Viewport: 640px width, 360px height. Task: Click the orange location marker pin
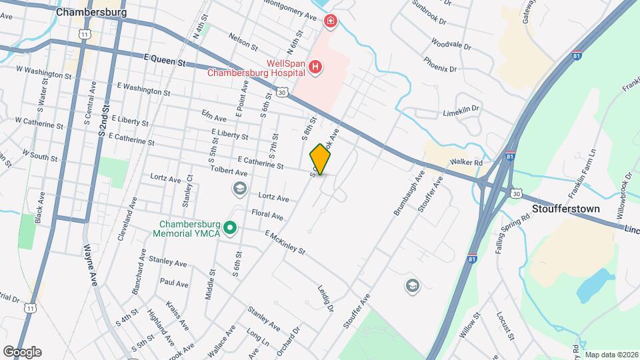pos(321,159)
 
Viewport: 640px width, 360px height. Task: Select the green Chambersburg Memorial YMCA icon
pos(231,229)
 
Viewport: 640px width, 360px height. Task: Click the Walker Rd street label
pos(466,162)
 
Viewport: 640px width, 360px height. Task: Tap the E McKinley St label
pos(285,243)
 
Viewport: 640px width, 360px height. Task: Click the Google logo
pos(21,351)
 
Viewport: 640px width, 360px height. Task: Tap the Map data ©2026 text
pos(611,355)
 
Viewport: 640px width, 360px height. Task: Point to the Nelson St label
pos(243,42)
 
